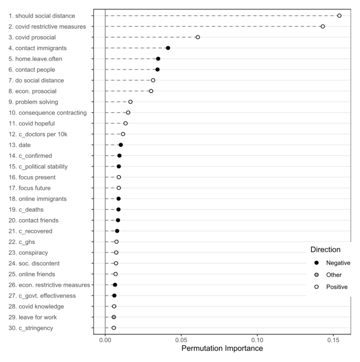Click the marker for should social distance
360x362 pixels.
click(x=339, y=15)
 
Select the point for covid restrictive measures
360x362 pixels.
click(x=323, y=26)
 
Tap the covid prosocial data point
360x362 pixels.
click(x=198, y=37)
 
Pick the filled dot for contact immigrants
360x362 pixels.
click(x=168, y=48)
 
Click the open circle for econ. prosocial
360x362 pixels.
click(x=151, y=91)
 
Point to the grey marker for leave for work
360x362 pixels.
click(x=114, y=317)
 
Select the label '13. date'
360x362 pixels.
click(x=19, y=145)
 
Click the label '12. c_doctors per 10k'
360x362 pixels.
click(x=36, y=134)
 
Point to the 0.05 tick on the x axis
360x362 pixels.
click(x=181, y=339)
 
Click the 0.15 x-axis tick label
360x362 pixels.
click(x=334, y=339)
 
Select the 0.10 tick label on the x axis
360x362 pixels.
click(x=257, y=339)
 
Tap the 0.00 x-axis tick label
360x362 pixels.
click(x=105, y=339)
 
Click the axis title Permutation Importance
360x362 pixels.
click(x=222, y=349)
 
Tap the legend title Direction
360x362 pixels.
click(x=325, y=249)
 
